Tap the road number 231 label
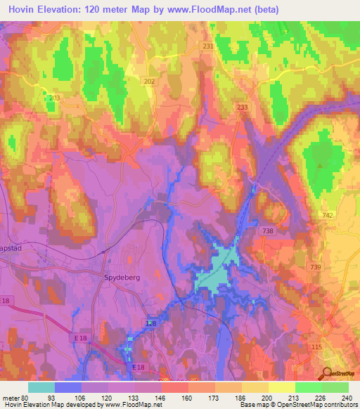click(x=207, y=46)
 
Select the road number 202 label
click(x=149, y=82)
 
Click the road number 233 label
click(x=243, y=107)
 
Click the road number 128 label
click(x=151, y=323)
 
